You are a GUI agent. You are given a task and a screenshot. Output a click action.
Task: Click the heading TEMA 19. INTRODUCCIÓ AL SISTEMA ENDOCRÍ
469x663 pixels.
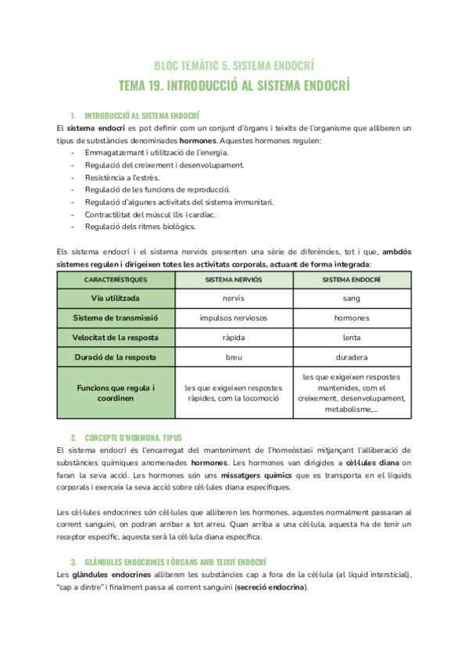[x=234, y=84]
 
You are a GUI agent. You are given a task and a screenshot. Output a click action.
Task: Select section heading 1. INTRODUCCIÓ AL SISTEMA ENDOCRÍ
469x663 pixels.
[x=141, y=114]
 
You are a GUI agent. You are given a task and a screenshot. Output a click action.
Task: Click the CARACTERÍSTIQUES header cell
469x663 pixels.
[x=116, y=279]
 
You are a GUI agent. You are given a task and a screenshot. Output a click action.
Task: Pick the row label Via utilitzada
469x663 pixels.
[x=116, y=299]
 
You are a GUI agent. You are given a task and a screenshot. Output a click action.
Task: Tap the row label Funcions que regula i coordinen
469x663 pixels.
[x=116, y=392]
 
